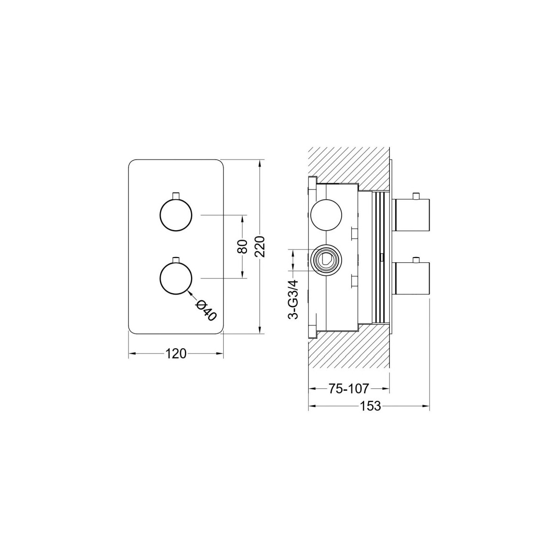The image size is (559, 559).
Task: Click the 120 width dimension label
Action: pyautogui.click(x=176, y=354)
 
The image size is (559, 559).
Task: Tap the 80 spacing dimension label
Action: pyautogui.click(x=242, y=247)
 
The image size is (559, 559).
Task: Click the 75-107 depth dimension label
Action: pyautogui.click(x=348, y=388)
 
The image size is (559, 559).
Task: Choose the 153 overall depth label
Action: pyautogui.click(x=370, y=406)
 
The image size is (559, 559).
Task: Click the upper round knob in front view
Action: pyautogui.click(x=176, y=215)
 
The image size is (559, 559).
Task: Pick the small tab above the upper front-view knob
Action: pyautogui.click(x=176, y=196)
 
